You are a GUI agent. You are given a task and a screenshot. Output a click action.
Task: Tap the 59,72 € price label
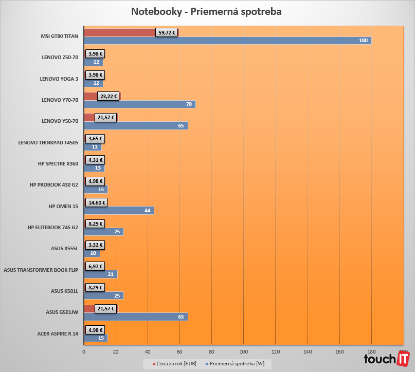pyautogui.click(x=167, y=32)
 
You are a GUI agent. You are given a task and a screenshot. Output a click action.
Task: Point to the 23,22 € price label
pyautogui.click(x=109, y=96)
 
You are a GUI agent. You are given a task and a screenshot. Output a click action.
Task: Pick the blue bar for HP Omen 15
pyautogui.click(x=118, y=211)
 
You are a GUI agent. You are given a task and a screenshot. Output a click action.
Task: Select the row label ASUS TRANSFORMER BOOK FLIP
pyautogui.click(x=41, y=270)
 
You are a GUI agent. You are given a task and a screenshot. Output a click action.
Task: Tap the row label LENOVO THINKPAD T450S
pyautogui.click(x=48, y=142)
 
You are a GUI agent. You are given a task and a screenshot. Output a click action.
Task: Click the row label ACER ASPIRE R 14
pyautogui.click(x=58, y=333)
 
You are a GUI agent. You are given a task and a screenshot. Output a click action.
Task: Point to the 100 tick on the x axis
pyautogui.click(x=243, y=352)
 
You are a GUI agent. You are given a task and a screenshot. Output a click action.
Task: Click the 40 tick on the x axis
pyautogui.click(x=148, y=352)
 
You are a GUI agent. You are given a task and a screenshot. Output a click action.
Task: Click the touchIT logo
pyautogui.click(x=386, y=359)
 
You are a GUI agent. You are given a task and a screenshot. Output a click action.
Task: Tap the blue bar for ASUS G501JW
pyautogui.click(x=135, y=317)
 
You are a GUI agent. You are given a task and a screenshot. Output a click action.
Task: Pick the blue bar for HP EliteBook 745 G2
pyautogui.click(x=103, y=232)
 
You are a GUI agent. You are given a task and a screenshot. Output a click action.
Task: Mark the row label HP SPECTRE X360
pyautogui.click(x=58, y=163)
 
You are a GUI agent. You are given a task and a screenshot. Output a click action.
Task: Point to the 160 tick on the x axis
pyautogui.click(x=339, y=352)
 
